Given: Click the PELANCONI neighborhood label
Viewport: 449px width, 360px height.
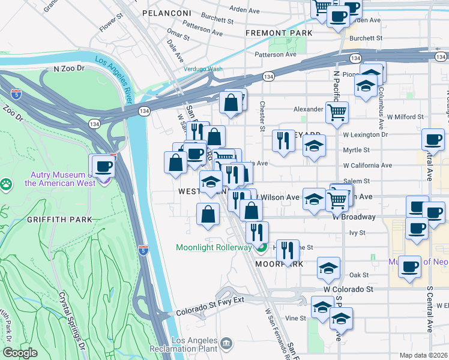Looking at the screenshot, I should click(166, 13).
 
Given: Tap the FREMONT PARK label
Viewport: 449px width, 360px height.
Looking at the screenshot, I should click(279, 32).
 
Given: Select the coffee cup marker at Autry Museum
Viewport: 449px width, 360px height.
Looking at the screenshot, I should click(102, 166).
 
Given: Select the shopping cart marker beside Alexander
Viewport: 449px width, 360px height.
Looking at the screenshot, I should click(337, 111).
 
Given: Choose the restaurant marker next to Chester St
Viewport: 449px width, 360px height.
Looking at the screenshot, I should click(283, 140).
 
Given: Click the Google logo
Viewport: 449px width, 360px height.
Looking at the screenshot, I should click(20, 353).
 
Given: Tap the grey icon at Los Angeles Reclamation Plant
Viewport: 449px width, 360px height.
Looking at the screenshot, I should click(226, 343).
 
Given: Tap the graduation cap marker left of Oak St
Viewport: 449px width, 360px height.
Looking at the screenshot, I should click(328, 269).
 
